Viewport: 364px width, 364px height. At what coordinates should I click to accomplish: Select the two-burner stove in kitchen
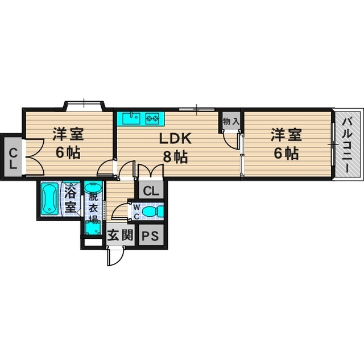pos(152,119)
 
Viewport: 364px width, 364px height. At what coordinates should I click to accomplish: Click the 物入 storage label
pos(230,122)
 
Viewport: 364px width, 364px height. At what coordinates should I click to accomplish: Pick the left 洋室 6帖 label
pos(68,144)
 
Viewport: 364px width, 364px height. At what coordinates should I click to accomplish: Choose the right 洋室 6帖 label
pos(284,144)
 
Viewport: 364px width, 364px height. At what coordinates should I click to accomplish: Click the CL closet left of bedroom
pos(13,155)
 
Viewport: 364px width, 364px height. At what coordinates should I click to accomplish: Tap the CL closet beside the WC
pos(151,191)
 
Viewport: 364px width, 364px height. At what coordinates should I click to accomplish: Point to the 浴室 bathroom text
pos(71,198)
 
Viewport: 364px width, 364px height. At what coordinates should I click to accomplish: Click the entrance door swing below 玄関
pos(114,255)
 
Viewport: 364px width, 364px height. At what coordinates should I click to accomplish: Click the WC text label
pos(136,212)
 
